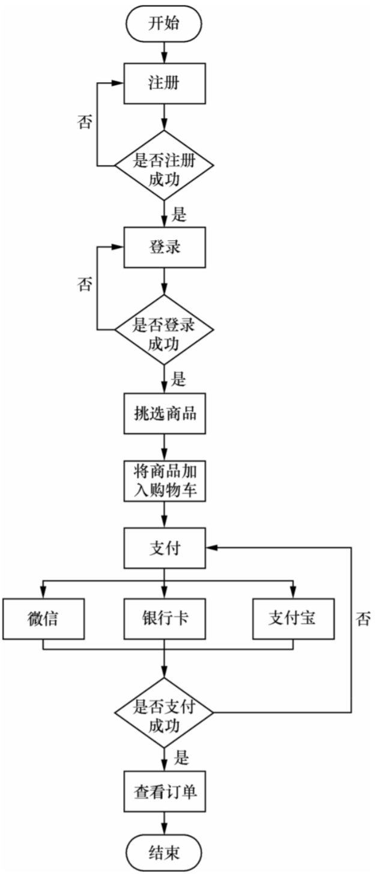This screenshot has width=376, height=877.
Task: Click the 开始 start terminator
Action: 164,23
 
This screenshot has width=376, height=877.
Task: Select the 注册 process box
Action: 165,83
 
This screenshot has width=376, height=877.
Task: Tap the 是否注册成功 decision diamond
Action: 164,166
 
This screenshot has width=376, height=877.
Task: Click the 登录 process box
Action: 165,247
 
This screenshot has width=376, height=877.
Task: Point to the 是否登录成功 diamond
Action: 164,330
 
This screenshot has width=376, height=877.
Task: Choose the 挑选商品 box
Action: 165,414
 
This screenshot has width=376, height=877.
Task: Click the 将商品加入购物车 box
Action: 165,481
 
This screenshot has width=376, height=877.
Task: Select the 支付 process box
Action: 165,547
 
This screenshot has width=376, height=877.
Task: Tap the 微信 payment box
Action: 43,619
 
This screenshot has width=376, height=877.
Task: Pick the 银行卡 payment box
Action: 165,619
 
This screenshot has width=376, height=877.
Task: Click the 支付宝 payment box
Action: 293,619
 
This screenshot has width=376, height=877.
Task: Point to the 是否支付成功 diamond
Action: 164,713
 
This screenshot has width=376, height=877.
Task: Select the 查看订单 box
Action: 165,792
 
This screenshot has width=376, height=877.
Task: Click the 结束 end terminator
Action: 164,853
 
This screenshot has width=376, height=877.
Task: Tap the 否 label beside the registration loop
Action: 84,122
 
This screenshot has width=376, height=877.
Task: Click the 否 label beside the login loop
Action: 84,284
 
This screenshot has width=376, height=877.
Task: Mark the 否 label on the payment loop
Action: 363,619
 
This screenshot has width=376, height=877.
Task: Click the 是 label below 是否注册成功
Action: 179,214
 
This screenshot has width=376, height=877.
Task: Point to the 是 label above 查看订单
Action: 181,757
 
